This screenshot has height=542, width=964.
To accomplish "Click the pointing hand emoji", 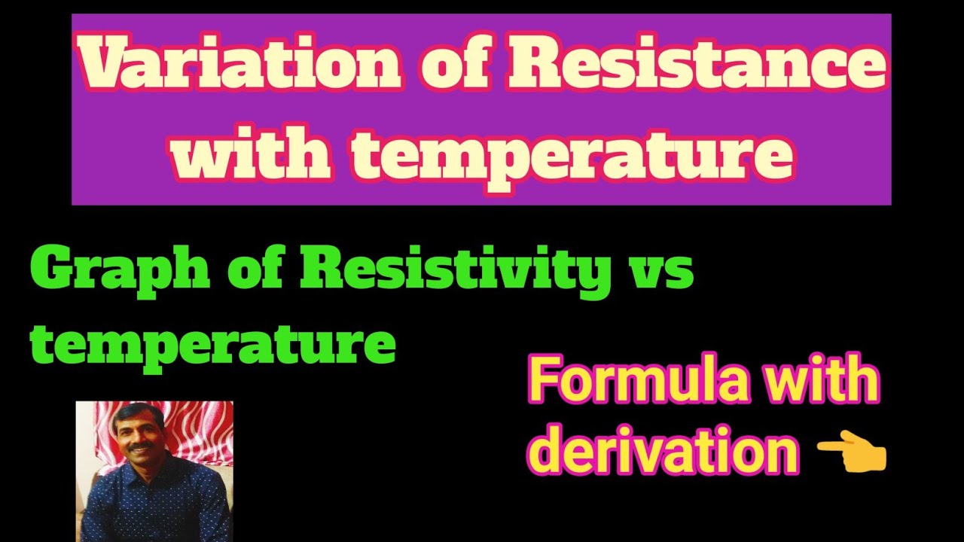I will (x=853, y=455).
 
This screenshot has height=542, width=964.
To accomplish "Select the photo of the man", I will (x=154, y=471).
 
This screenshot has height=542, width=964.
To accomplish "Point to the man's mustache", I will (x=140, y=446).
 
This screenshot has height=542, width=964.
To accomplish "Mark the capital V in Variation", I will (x=105, y=65).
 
